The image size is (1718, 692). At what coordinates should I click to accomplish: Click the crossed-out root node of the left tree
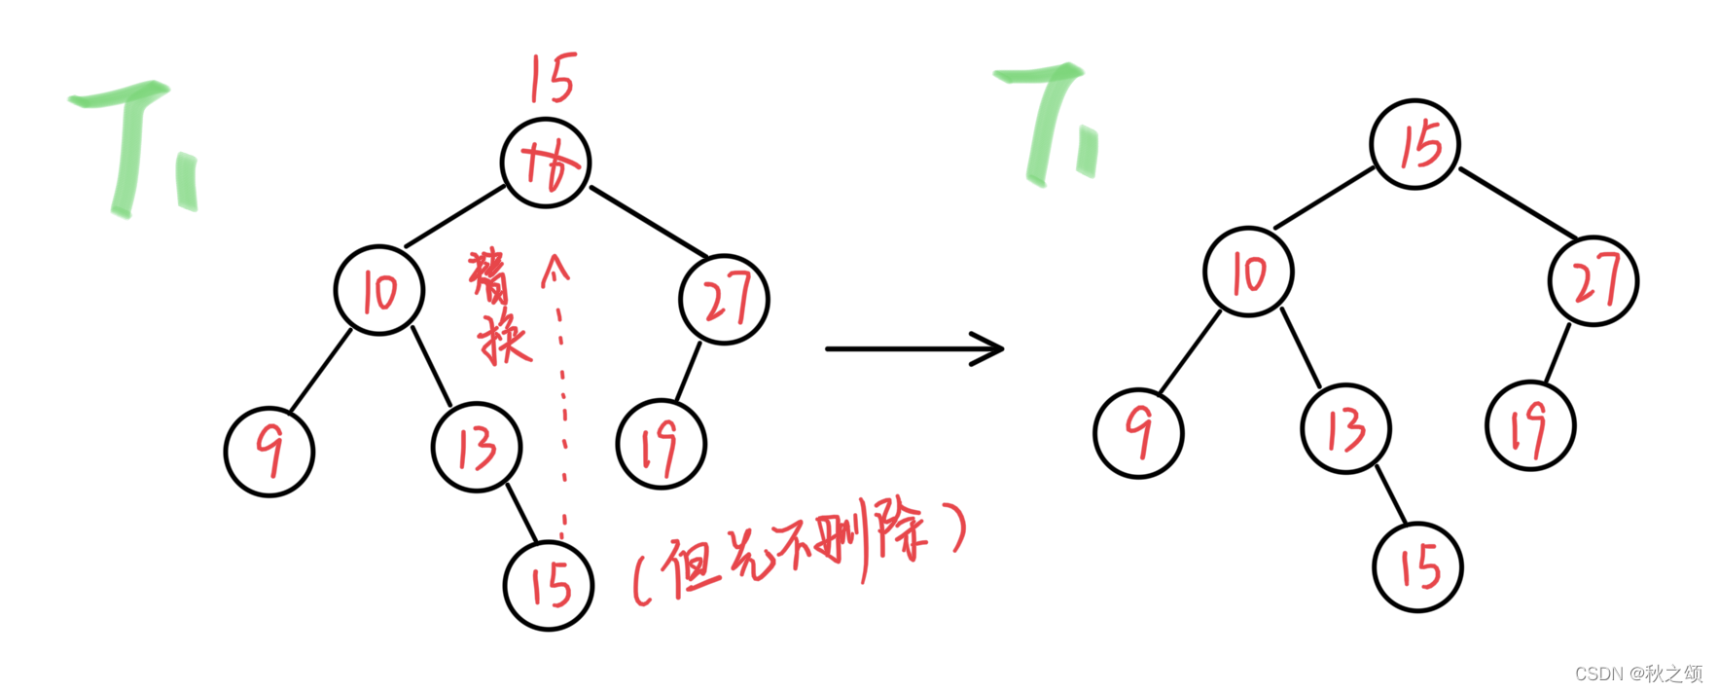(x=546, y=163)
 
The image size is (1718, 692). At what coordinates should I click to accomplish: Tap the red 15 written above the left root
(x=553, y=79)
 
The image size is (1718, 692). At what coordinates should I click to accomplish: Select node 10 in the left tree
(x=379, y=290)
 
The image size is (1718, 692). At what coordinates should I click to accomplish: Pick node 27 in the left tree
(x=725, y=299)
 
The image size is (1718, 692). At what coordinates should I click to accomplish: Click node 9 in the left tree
(x=269, y=452)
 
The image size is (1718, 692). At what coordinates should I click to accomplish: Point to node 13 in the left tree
(x=477, y=448)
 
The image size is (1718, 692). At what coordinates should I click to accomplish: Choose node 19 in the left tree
(x=662, y=444)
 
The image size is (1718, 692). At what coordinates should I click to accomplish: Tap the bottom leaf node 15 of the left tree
(x=549, y=585)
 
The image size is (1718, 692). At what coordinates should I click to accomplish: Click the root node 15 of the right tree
(x=1415, y=145)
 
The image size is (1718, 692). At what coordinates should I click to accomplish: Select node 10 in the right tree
(x=1248, y=272)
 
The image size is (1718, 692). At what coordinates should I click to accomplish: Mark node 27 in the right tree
(x=1593, y=280)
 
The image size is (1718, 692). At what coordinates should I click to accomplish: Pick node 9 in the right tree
(x=1138, y=433)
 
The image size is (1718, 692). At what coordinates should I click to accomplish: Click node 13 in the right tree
(x=1346, y=429)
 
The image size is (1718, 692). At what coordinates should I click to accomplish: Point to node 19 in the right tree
(x=1530, y=426)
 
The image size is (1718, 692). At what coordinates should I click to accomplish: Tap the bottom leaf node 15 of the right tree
(x=1418, y=566)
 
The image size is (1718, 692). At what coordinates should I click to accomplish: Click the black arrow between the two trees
(x=914, y=347)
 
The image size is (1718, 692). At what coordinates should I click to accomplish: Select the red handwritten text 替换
(x=499, y=307)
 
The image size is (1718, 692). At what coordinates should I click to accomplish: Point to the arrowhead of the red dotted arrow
(x=555, y=268)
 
